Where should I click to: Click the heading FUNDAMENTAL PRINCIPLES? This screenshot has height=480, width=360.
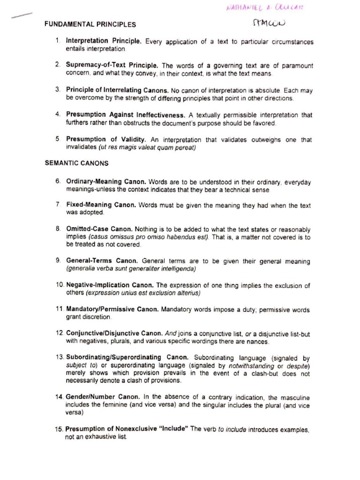90,24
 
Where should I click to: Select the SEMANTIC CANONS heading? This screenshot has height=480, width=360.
76,163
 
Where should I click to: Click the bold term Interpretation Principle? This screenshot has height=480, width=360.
104,41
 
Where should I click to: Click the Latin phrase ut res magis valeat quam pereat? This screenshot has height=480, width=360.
147,147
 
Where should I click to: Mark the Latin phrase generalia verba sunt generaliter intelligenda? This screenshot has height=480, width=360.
131,269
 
